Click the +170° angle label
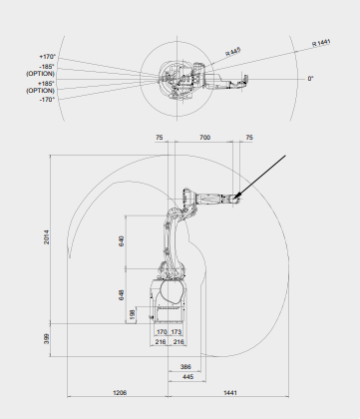(x=47, y=57)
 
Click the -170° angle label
(x=47, y=100)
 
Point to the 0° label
(x=310, y=79)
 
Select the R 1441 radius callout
(x=321, y=43)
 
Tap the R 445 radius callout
(x=233, y=52)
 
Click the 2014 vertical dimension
(x=47, y=237)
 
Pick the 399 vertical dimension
(x=47, y=339)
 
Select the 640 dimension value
(x=122, y=241)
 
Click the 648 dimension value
(x=122, y=295)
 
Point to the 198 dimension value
(x=133, y=314)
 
